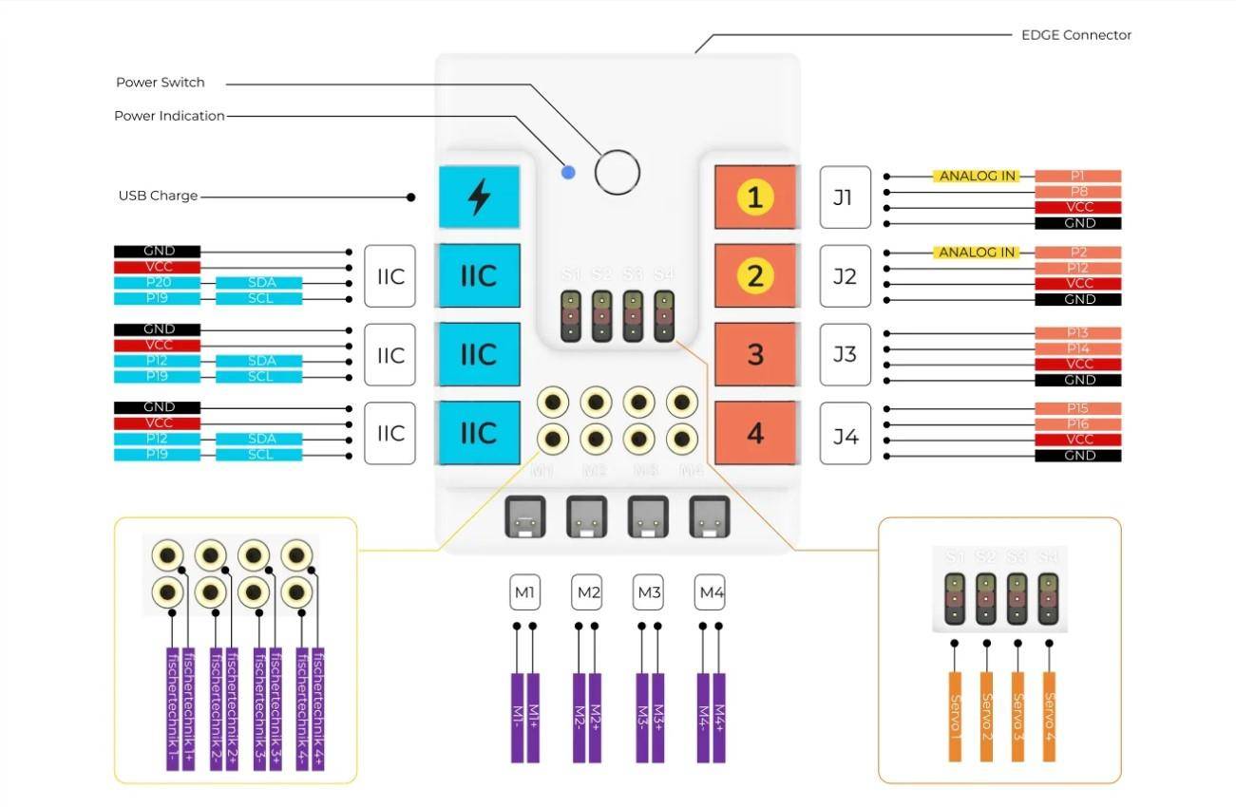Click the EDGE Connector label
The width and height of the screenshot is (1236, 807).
(1075, 35)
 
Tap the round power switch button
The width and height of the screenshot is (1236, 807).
(617, 172)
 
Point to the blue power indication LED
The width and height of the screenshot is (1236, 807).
(568, 172)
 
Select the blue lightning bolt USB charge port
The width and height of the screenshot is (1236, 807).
(480, 197)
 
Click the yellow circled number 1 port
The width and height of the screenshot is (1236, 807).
(754, 197)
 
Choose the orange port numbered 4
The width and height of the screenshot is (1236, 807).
(754, 433)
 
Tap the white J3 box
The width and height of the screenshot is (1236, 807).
(845, 354)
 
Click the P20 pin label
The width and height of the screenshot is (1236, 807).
(157, 283)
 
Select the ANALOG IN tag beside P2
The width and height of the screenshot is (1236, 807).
(978, 253)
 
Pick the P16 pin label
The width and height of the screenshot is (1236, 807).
(1077, 424)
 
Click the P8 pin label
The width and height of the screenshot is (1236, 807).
(1077, 192)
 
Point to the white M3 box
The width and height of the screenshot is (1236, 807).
(649, 593)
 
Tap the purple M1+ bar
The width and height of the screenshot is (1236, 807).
(533, 717)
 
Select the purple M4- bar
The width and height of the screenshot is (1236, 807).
(704, 717)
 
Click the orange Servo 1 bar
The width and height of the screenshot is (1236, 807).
(955, 716)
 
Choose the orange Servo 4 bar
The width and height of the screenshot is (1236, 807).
(1049, 716)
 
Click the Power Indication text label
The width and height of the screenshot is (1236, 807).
(169, 116)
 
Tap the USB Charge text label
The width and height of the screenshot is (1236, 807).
(158, 196)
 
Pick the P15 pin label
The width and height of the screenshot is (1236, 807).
(1077, 409)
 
